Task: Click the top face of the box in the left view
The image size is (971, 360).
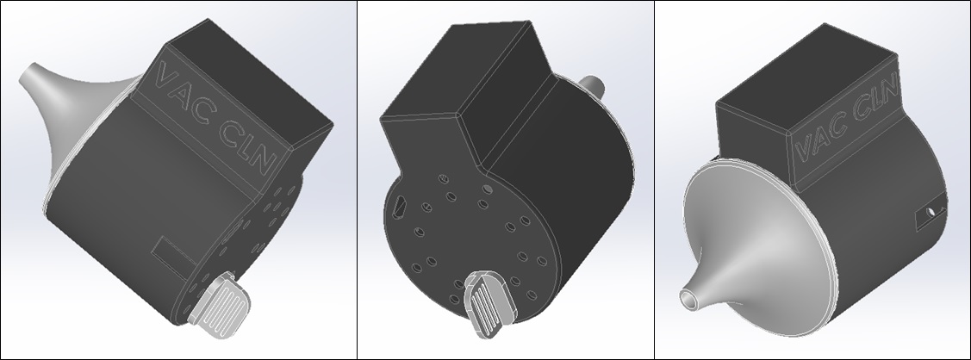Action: click(250, 78)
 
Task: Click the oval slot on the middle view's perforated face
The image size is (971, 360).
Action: click(400, 205)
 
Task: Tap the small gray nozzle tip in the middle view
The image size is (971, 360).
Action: click(594, 84)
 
